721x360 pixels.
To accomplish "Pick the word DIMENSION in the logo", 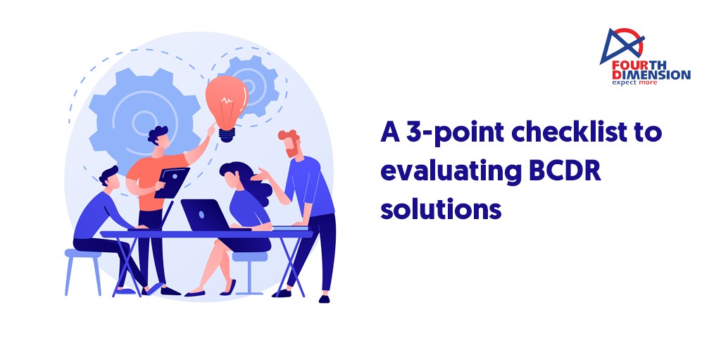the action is (651, 75).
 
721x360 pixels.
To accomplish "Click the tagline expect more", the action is (634, 82).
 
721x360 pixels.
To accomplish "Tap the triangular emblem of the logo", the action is (622, 45).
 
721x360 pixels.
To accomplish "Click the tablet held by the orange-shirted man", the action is (172, 182).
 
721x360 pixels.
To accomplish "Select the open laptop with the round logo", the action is (205, 215).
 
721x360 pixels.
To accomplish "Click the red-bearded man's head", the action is (289, 143).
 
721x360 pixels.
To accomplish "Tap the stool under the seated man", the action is (83, 272).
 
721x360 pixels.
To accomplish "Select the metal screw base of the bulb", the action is (226, 135).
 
